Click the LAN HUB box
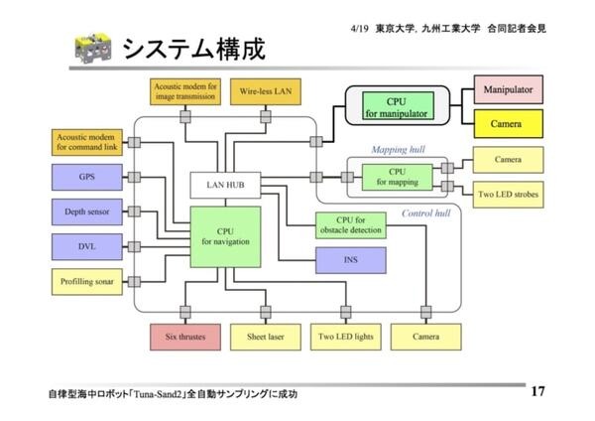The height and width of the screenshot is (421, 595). tap(226, 185)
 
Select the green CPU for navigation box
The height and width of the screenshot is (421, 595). tap(226, 236)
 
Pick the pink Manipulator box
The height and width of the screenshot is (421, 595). tap(509, 90)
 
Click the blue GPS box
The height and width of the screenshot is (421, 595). tap(86, 178)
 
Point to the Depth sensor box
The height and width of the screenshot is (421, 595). tap(86, 211)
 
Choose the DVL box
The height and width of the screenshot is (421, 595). tap(86, 245)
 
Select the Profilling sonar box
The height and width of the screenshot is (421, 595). tap(86, 281)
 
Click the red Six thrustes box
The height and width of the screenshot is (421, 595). tap(184, 338)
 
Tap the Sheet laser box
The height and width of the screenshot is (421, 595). tap(265, 338)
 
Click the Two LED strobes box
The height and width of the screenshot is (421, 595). tap(508, 194)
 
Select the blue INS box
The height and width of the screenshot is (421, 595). tap(349, 258)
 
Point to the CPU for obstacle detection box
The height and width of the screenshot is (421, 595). tap(349, 224)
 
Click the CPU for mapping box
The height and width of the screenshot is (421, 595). tap(398, 177)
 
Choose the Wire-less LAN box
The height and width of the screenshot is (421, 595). tap(266, 90)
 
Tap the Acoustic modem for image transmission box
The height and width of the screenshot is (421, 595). tap(185, 90)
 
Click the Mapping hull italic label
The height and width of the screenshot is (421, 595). tap(397, 150)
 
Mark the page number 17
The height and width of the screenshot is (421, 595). tap(538, 391)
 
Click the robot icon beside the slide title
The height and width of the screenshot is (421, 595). tap(92, 49)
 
